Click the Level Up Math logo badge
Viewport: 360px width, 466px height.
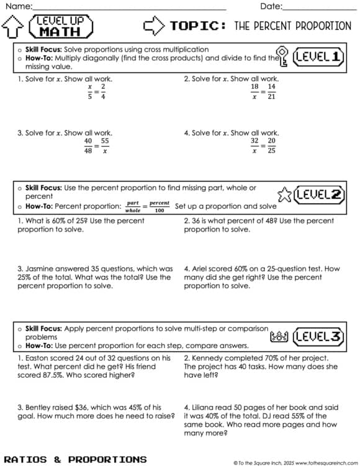(64, 27)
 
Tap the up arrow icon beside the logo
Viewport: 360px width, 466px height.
(13, 27)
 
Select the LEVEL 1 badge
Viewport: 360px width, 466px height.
(319, 57)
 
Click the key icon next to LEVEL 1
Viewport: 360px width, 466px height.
(282, 56)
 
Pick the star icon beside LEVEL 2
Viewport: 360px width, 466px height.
(284, 194)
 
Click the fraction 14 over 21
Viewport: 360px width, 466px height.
(271, 91)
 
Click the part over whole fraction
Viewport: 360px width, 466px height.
(133, 206)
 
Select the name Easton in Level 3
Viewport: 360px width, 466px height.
(38, 358)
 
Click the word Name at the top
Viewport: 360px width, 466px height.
(19, 6)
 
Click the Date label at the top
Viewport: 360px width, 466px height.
(270, 6)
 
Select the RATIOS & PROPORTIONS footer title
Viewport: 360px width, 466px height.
(75, 459)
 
